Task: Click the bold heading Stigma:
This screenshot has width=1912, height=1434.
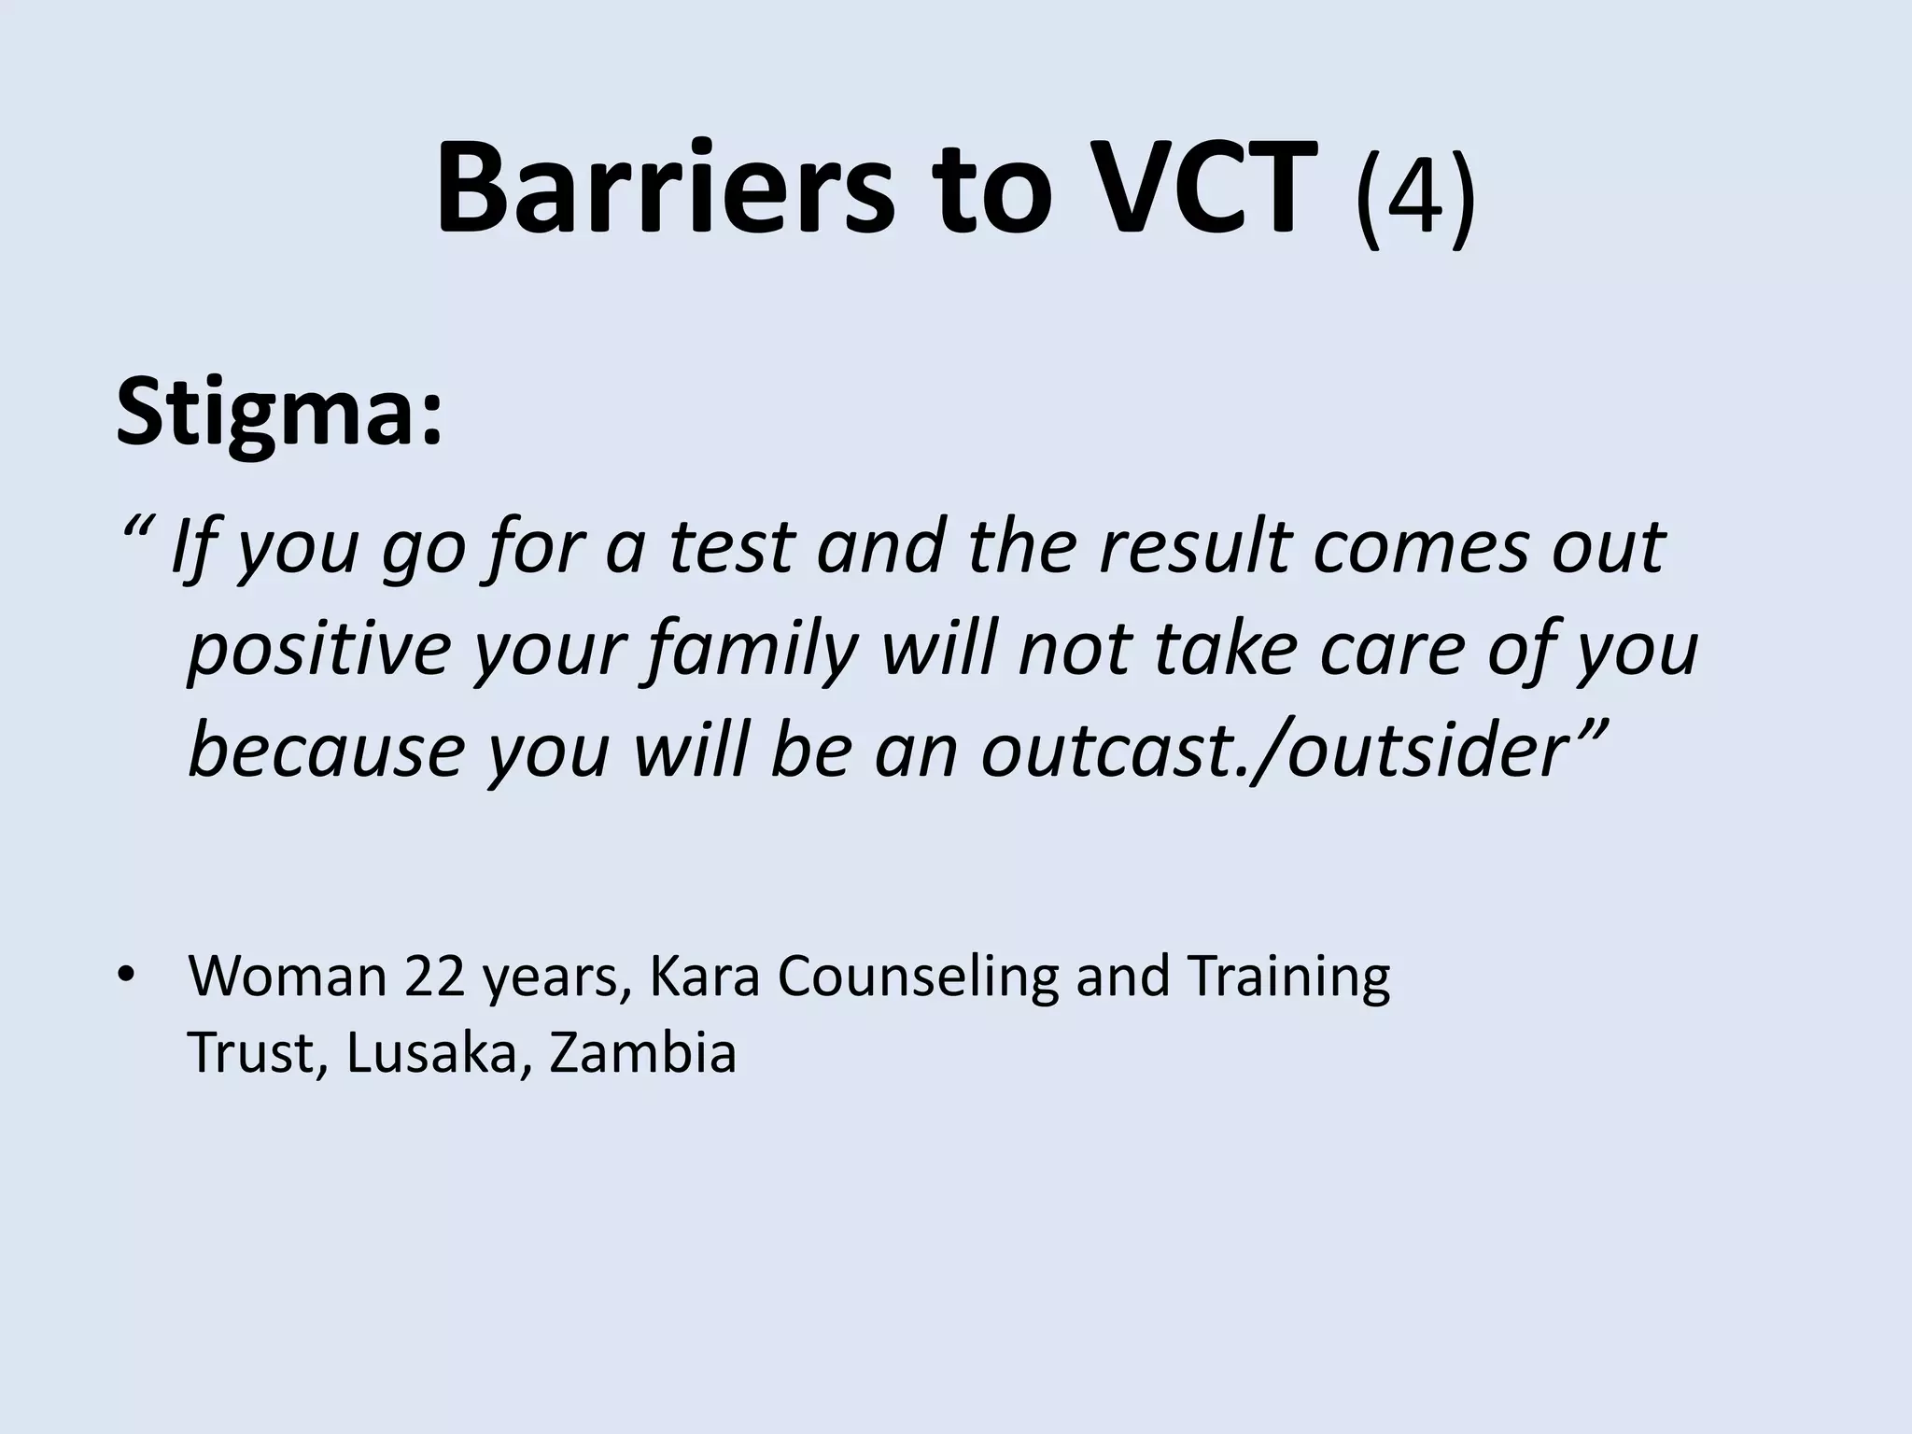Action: tap(278, 411)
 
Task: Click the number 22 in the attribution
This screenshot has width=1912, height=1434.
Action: tap(434, 977)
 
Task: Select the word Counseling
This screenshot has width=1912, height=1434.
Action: tap(919, 977)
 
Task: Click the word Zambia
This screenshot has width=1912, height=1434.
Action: tap(643, 1053)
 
